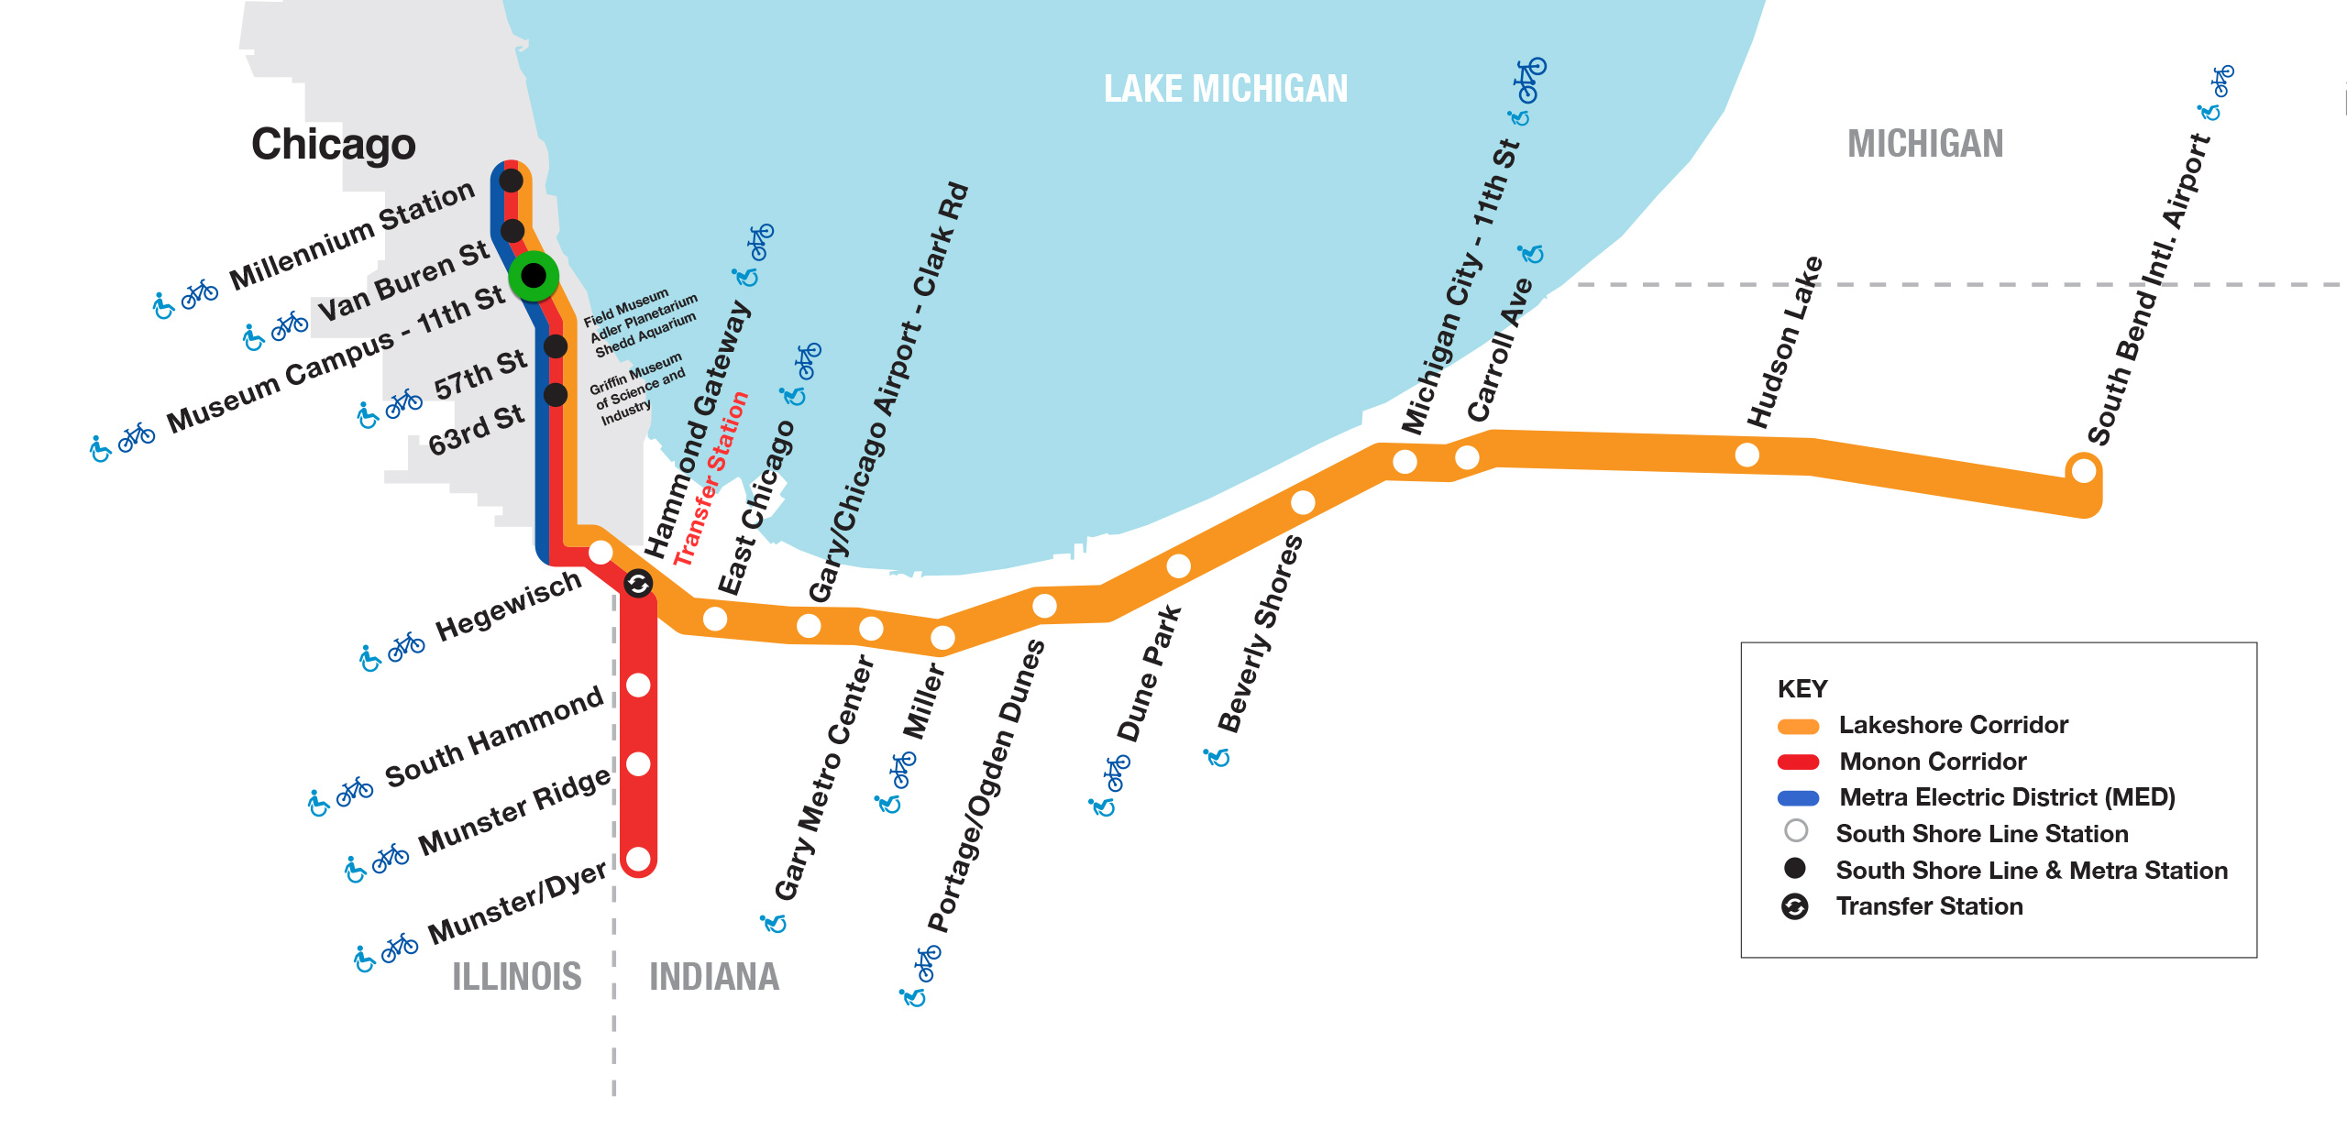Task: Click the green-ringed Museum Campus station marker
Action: [534, 276]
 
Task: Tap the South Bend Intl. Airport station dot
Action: [2084, 471]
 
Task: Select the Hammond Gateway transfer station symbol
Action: [638, 583]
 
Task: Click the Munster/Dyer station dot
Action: [638, 860]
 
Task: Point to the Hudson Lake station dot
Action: [1747, 455]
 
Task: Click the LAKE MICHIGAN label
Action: [1226, 89]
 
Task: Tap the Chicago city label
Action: [334, 144]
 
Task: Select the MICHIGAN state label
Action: [1925, 144]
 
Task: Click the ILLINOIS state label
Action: [517, 976]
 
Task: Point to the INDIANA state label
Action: [714, 976]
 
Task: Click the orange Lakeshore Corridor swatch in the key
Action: [1798, 727]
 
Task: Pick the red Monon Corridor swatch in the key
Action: [1798, 762]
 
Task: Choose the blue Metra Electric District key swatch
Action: [1798, 798]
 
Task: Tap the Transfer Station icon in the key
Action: [1795, 906]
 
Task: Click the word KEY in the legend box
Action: [1802, 688]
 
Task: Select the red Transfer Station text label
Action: [711, 479]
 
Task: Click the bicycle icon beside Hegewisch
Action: [406, 647]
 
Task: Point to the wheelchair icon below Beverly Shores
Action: [1217, 757]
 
